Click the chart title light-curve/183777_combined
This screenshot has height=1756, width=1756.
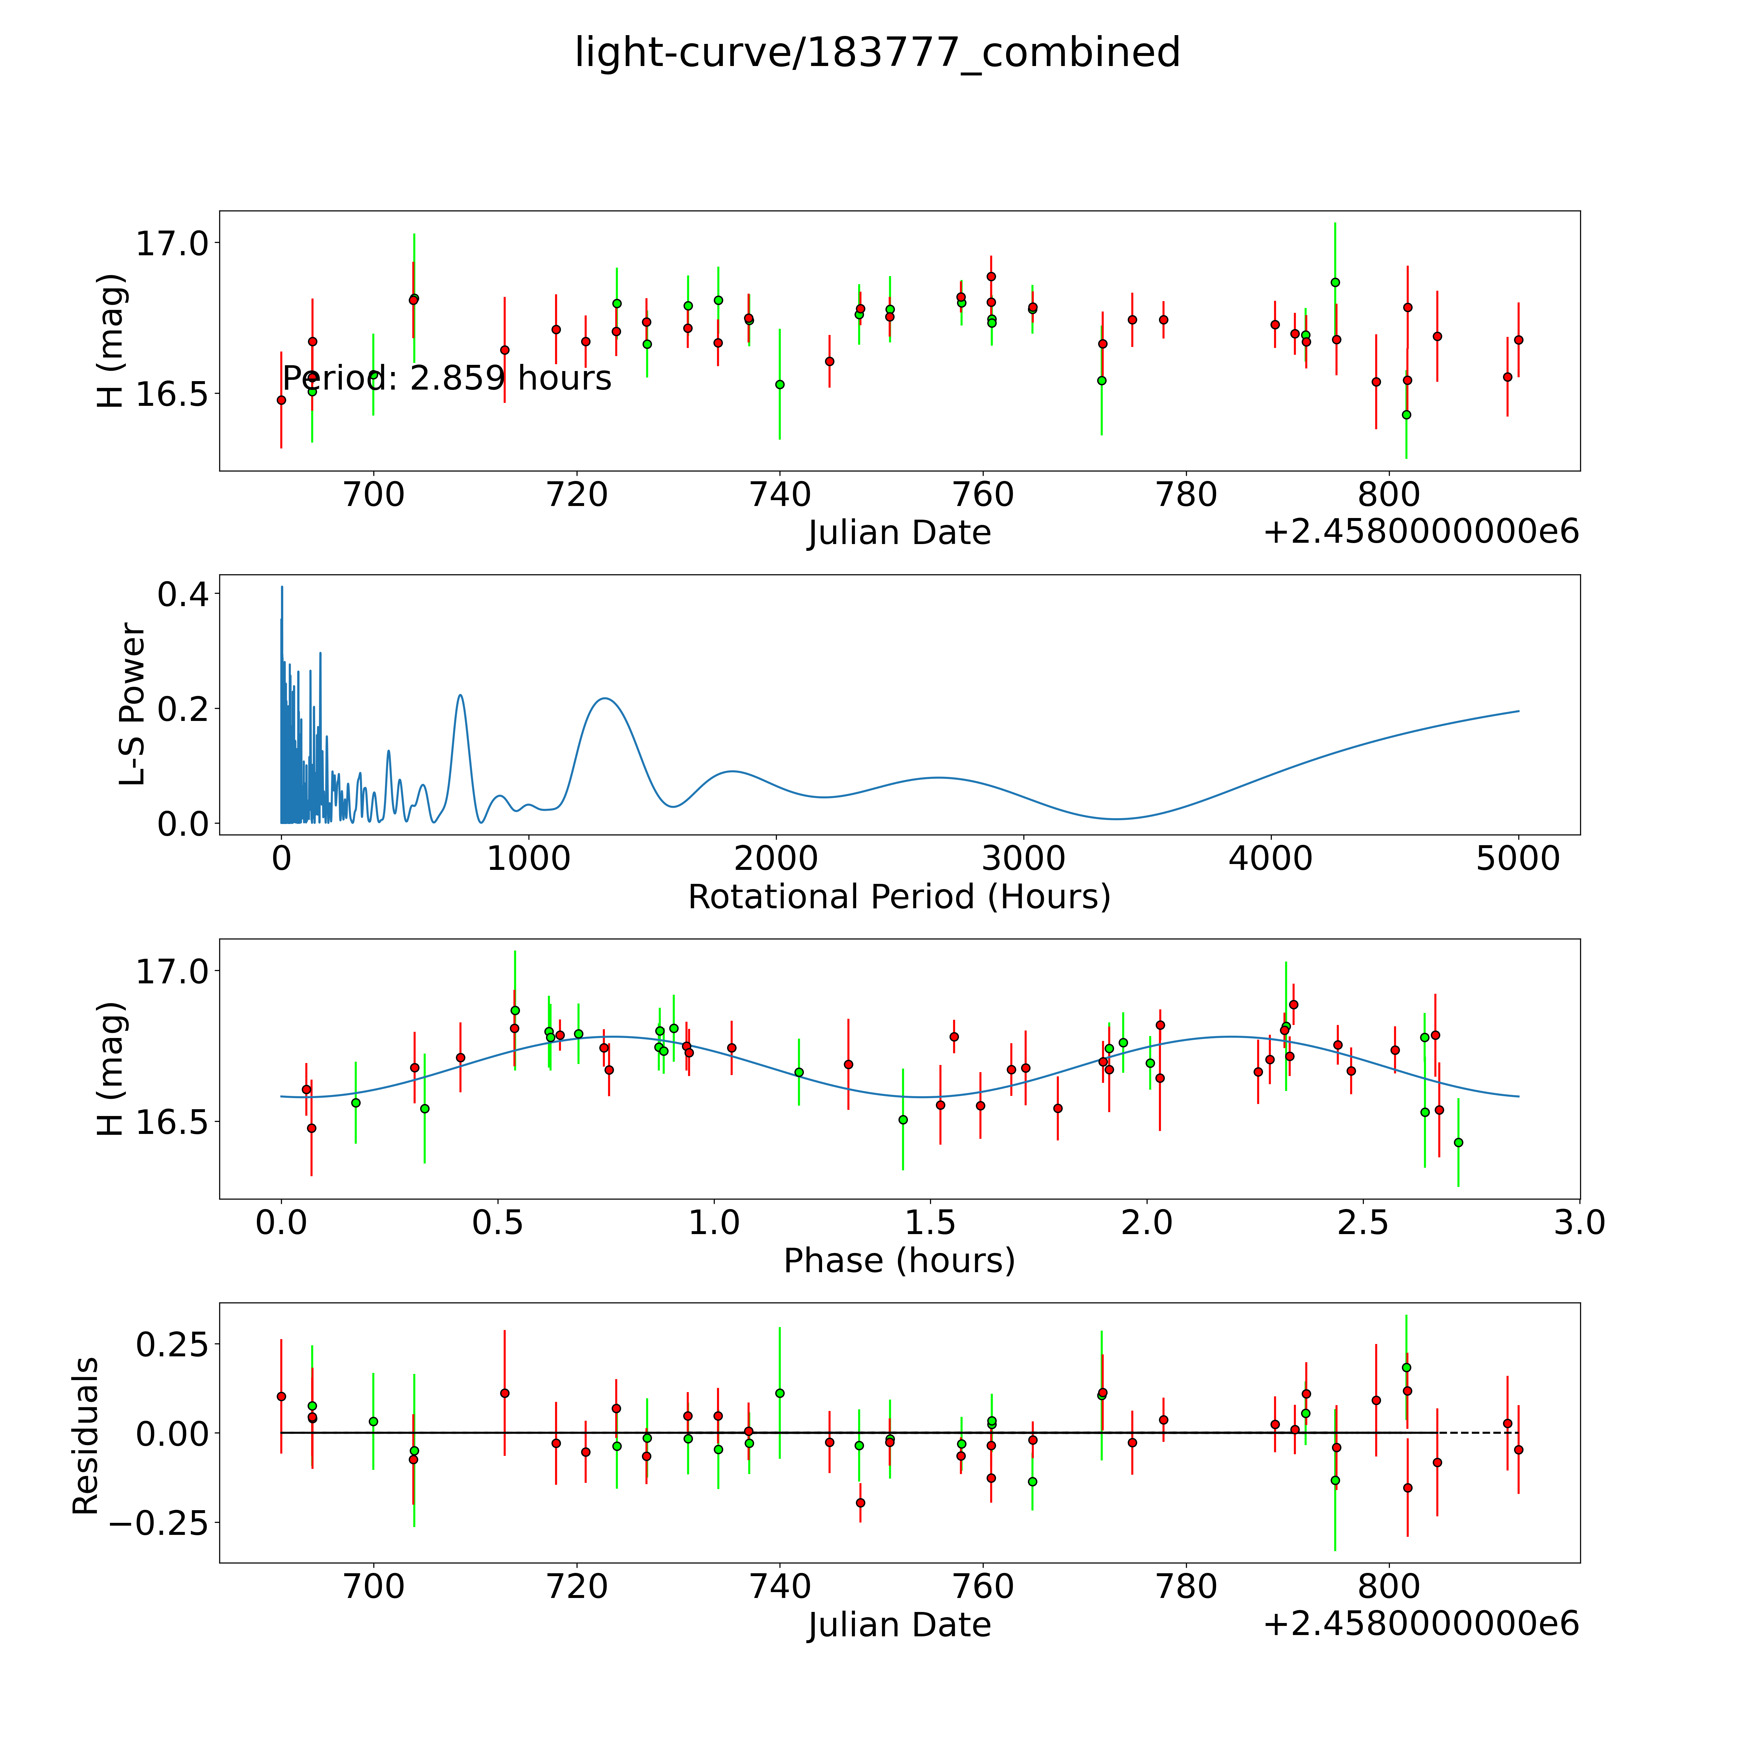tap(877, 53)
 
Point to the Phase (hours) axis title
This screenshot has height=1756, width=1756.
tap(899, 1261)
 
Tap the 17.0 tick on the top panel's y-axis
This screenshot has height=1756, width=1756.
tap(172, 244)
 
